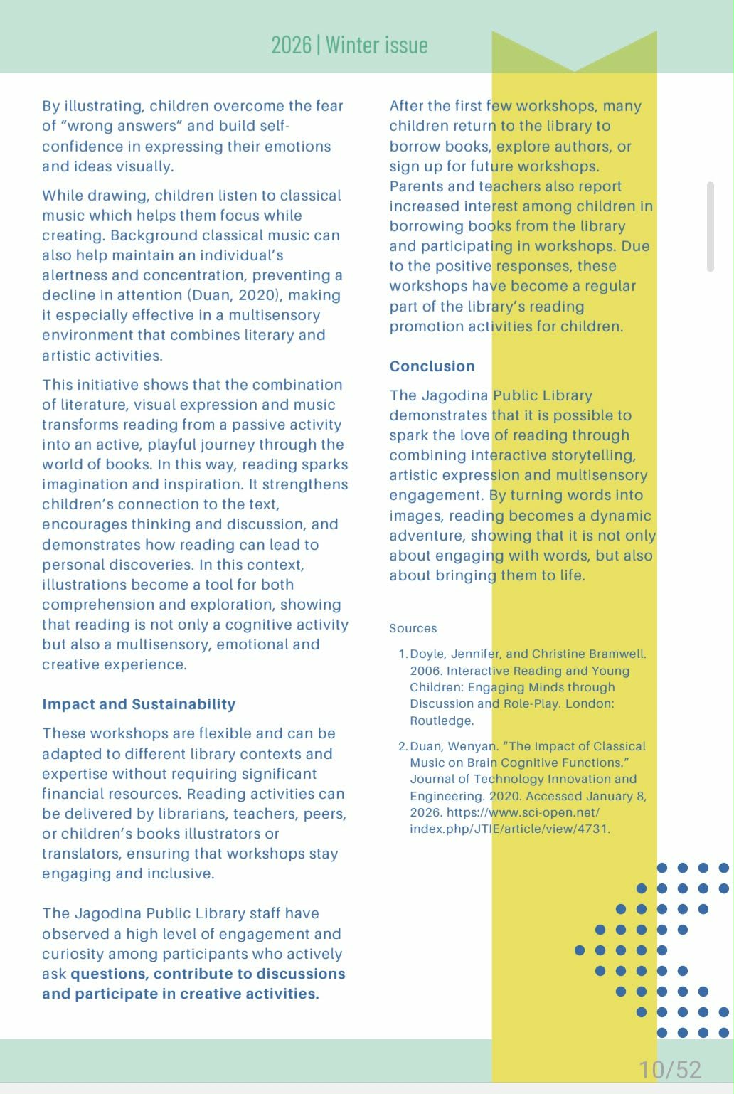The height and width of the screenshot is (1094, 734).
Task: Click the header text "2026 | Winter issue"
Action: (349, 46)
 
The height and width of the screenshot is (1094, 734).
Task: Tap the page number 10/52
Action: (669, 1069)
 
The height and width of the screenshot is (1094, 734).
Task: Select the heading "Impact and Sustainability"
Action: (139, 704)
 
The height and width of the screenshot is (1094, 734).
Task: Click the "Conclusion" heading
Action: (432, 366)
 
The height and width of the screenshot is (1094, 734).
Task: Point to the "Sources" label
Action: (413, 628)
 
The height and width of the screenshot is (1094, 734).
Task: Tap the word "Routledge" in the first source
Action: (440, 721)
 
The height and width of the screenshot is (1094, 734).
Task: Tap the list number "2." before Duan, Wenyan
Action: (403, 746)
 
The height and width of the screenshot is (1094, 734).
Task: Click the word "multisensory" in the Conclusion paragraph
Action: (604, 475)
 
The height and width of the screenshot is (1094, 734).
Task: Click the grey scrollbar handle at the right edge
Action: (710, 226)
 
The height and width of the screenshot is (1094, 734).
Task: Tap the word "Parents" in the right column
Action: (415, 186)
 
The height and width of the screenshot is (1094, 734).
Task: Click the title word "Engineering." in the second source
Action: (446, 796)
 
